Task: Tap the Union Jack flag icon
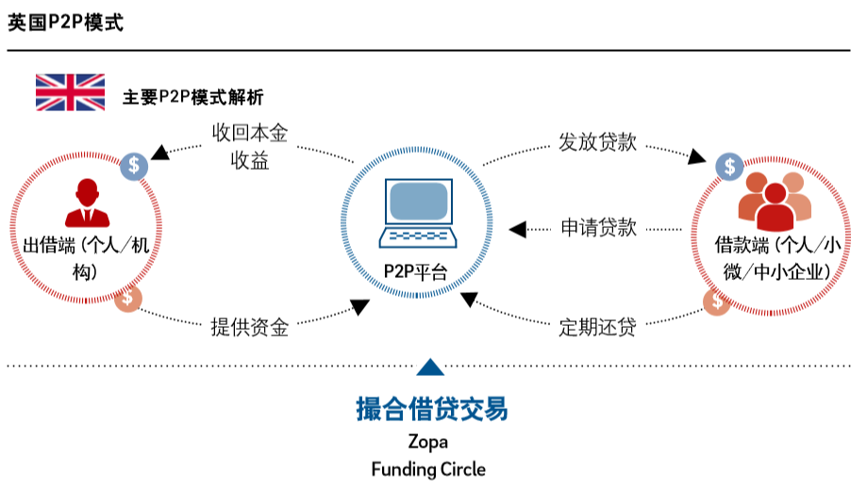(x=70, y=92)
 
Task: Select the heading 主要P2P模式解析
(x=193, y=97)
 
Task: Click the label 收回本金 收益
(x=249, y=146)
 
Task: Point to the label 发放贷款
(x=597, y=143)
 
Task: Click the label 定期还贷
(x=596, y=327)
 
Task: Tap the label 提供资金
(x=249, y=327)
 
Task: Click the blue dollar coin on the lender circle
(x=135, y=166)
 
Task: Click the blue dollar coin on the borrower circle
(x=729, y=166)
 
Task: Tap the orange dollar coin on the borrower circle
(x=719, y=301)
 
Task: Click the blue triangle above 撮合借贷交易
(x=429, y=368)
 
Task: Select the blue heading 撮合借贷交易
(x=431, y=409)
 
